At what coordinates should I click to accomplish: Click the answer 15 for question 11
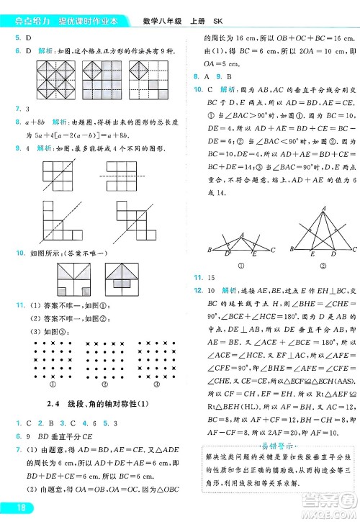tap(212, 277)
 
